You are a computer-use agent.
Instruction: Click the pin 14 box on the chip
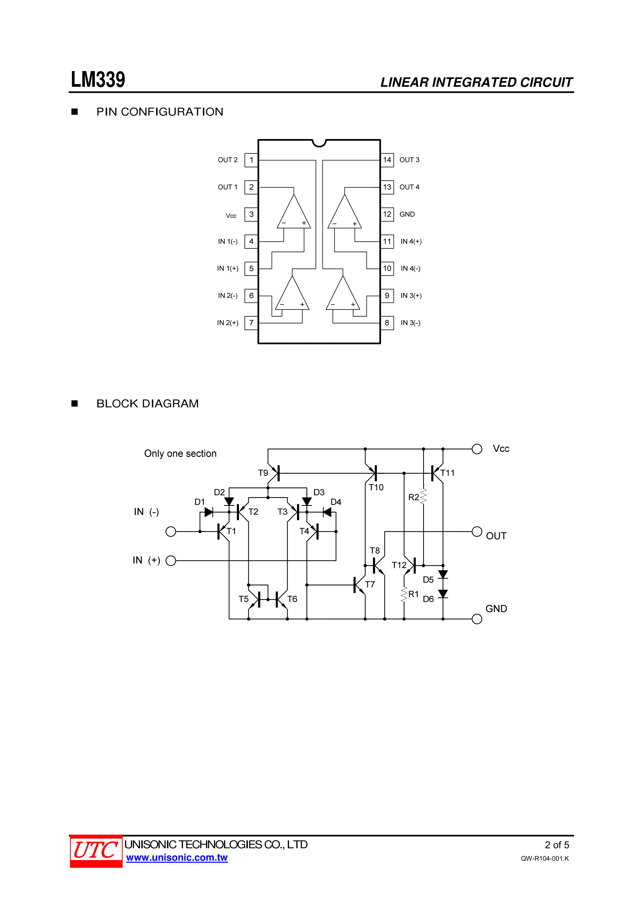pyautogui.click(x=387, y=160)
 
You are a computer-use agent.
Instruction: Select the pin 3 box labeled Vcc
pyautogui.click(x=251, y=214)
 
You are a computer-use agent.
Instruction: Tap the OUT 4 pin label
pyautogui.click(x=409, y=187)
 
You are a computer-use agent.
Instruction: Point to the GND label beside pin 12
pyautogui.click(x=407, y=214)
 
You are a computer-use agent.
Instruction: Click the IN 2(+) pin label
pyautogui.click(x=228, y=323)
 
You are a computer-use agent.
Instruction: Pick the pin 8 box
pyautogui.click(x=387, y=323)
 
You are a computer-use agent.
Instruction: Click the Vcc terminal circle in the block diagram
pyautogui.click(x=477, y=449)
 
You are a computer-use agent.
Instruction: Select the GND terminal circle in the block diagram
pyautogui.click(x=477, y=619)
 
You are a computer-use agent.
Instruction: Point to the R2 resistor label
pyautogui.click(x=414, y=497)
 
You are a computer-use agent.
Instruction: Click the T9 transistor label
pyautogui.click(x=263, y=473)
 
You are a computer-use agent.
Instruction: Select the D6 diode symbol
pyautogui.click(x=443, y=594)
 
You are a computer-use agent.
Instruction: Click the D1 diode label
pyautogui.click(x=200, y=502)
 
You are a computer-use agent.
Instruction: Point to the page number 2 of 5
pyautogui.click(x=557, y=845)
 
